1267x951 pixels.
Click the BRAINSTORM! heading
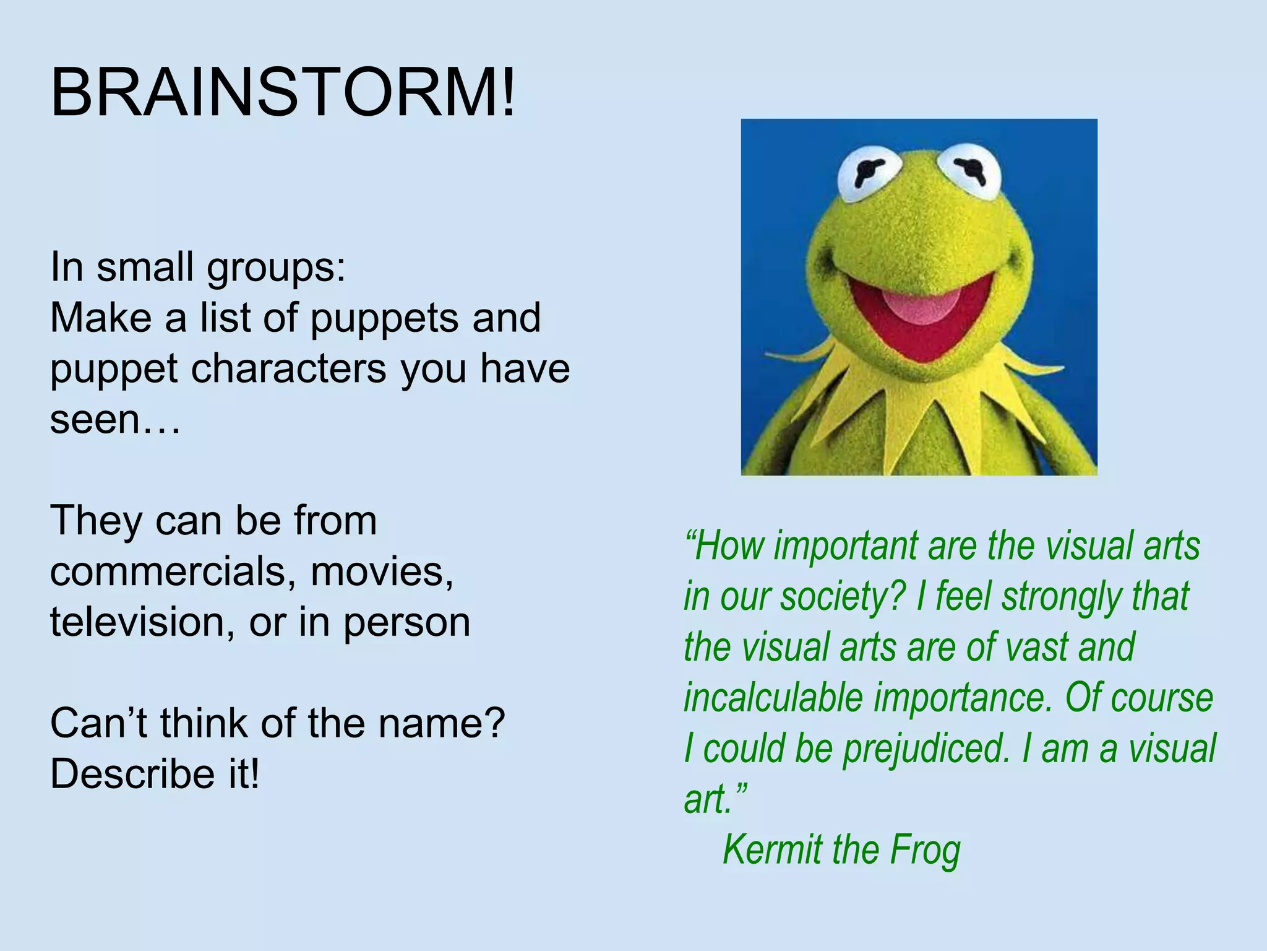[x=282, y=93]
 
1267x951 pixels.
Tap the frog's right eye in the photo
[x=969, y=168]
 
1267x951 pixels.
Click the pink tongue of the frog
[x=921, y=306]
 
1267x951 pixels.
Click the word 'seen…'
[x=115, y=420]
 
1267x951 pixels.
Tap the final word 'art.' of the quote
[x=715, y=799]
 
